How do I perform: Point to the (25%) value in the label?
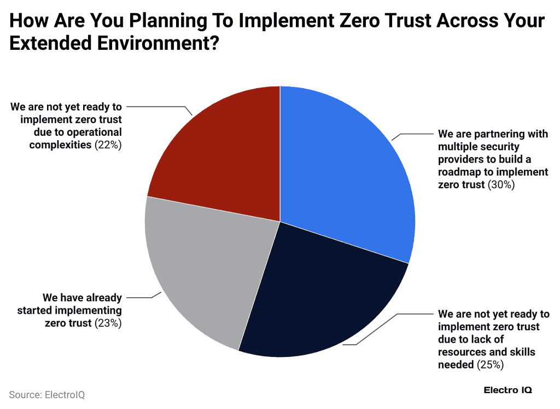pos(491,364)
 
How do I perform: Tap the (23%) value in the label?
pos(108,323)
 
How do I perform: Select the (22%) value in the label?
pos(108,145)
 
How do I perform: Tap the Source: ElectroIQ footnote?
pos(47,394)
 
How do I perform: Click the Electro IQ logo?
pos(508,390)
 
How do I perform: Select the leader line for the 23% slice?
pos(142,297)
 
